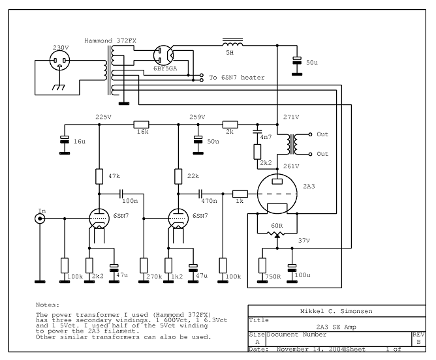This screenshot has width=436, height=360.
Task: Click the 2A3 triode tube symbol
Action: tap(277, 194)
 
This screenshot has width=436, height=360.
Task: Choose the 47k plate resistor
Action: tap(99, 176)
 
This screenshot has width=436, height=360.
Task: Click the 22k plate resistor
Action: tap(178, 176)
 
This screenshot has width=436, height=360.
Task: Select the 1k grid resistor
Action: tap(240, 193)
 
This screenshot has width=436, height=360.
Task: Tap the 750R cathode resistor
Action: tap(262, 265)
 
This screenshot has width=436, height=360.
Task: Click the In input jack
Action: tap(40, 220)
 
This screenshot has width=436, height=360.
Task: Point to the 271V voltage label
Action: tap(291, 117)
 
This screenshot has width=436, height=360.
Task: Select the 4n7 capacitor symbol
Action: tap(258, 136)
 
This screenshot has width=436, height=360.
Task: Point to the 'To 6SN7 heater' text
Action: tap(236, 78)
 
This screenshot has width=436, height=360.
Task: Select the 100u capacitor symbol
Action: tap(292, 267)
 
